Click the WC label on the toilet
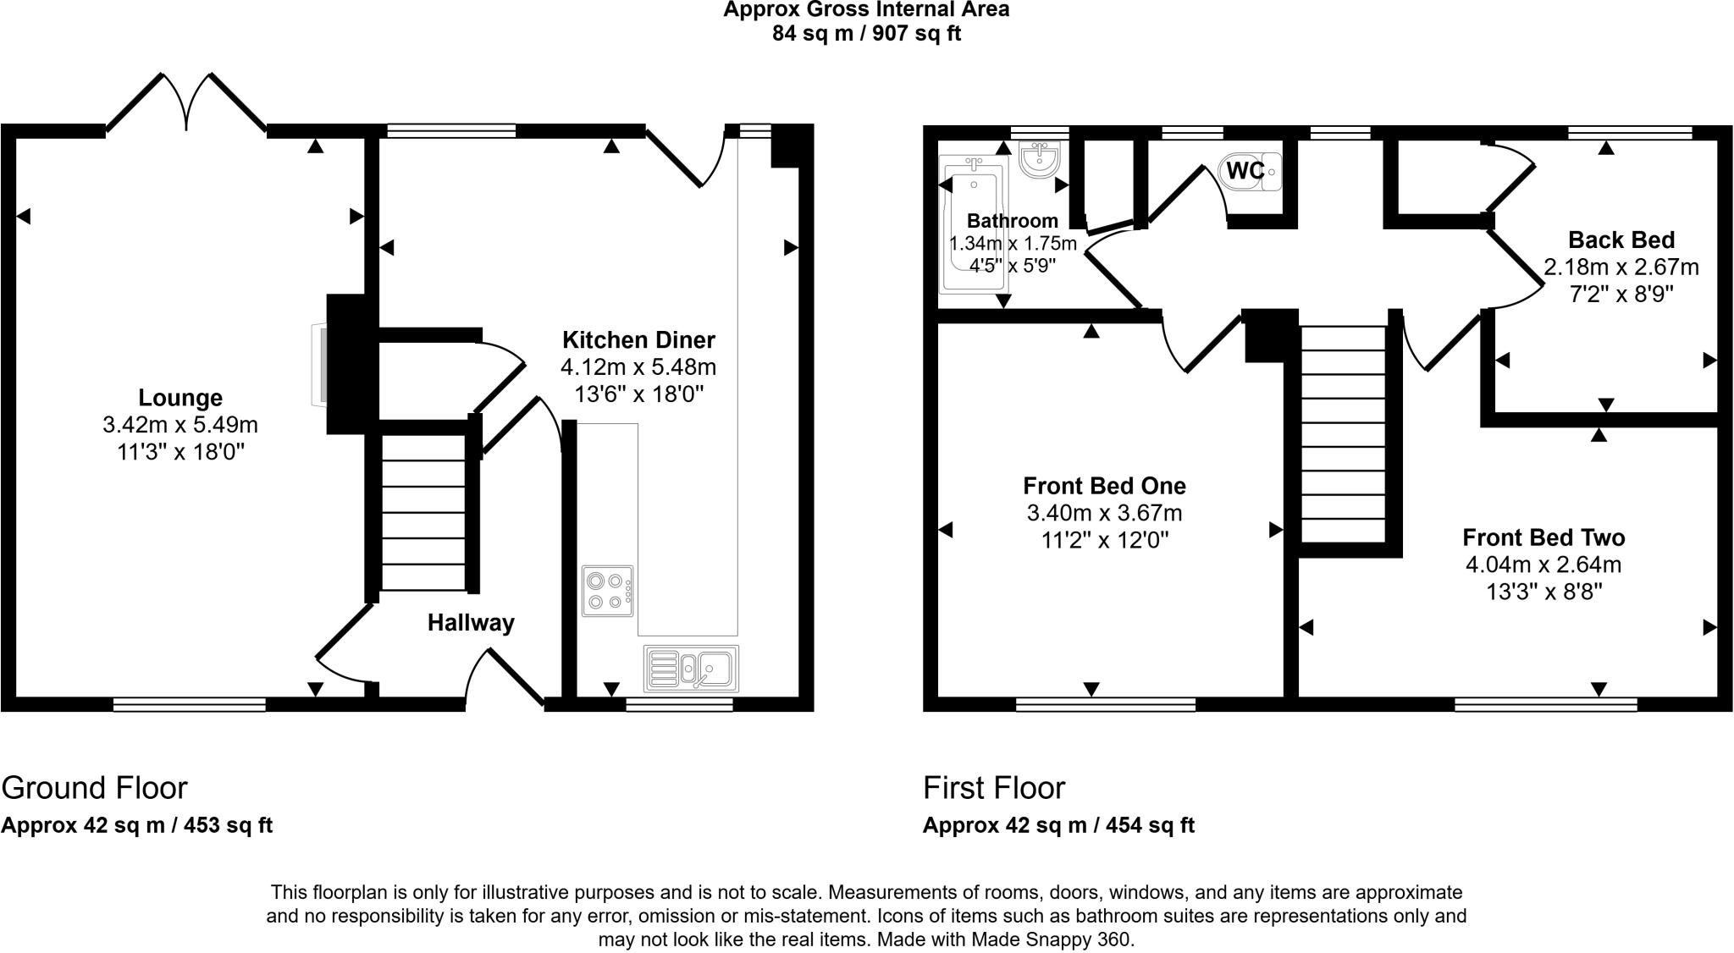pos(1245,171)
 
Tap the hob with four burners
pos(607,591)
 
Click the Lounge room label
pos(180,397)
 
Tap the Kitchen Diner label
pos(638,340)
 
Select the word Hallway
pos(471,623)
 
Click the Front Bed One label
pos(1104,486)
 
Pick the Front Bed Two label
pos(1543,537)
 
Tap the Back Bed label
pos(1621,240)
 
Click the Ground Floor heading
pos(94,788)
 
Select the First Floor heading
pos(993,788)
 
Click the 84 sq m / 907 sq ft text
pos(865,34)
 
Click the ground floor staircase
pos(423,513)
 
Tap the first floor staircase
pos(1343,435)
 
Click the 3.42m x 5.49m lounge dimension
pos(180,425)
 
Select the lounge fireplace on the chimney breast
pos(320,364)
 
